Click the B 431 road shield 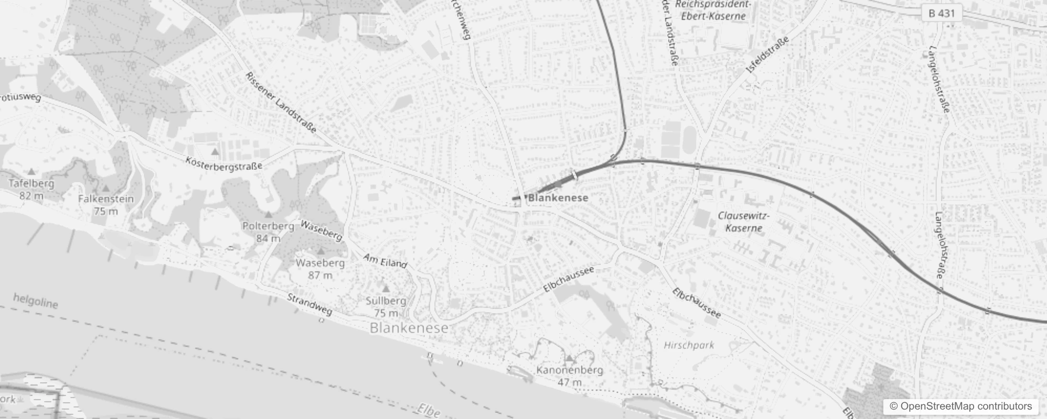[942, 13]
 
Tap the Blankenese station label [558, 198]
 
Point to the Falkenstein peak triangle [105, 188]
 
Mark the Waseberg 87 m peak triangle [320, 251]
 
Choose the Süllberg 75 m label [386, 307]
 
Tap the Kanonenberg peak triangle [569, 358]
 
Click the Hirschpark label [689, 345]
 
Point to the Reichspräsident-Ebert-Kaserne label [713, 10]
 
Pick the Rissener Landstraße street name [281, 103]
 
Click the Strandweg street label [309, 304]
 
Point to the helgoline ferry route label [36, 301]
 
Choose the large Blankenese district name [409, 328]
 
